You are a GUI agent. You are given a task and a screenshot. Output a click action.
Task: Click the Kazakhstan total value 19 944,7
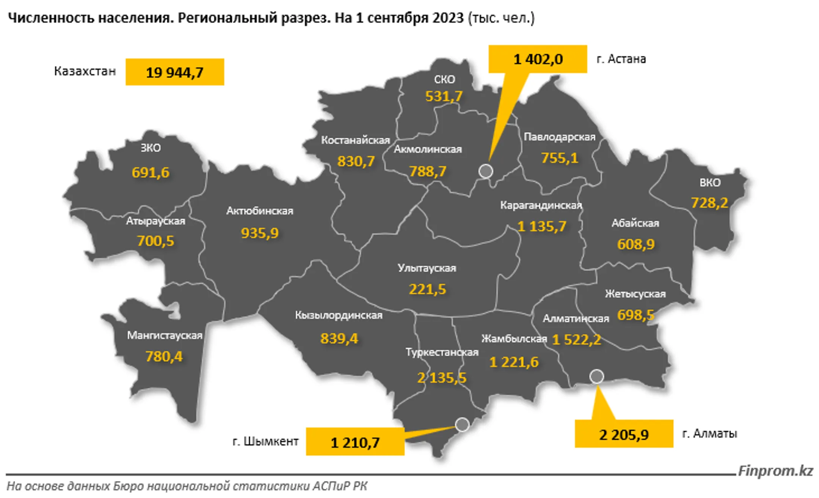click(x=174, y=72)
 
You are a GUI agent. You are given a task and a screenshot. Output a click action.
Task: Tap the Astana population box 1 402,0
click(x=538, y=59)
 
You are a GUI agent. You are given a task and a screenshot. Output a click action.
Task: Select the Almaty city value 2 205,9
click(x=624, y=434)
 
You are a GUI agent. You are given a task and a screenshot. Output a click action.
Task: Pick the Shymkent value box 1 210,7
click(x=355, y=442)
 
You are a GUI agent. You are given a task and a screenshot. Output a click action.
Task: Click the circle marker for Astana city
click(x=486, y=171)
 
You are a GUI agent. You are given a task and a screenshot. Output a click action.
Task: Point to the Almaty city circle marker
click(x=596, y=376)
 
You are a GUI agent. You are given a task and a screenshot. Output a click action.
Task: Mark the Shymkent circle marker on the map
click(x=462, y=424)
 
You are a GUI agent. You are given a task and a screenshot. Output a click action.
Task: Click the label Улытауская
click(x=427, y=268)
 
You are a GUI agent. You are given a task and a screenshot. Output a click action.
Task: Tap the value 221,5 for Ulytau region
click(x=427, y=289)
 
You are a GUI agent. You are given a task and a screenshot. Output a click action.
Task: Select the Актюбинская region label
click(x=260, y=211)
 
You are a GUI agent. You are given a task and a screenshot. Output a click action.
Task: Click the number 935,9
click(x=260, y=233)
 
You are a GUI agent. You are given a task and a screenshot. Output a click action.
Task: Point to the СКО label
click(x=444, y=79)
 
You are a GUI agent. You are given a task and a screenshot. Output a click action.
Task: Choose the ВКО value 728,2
click(x=709, y=203)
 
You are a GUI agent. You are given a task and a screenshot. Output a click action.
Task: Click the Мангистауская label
click(x=165, y=335)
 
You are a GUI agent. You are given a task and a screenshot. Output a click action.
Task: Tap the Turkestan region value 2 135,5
click(x=442, y=378)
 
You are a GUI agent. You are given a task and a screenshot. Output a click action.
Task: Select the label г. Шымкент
click(x=265, y=441)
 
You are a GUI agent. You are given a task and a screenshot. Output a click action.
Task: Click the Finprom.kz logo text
click(x=775, y=471)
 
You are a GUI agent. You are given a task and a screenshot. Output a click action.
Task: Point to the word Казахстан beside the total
click(x=85, y=71)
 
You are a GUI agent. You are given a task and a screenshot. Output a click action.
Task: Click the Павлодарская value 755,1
click(x=560, y=158)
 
